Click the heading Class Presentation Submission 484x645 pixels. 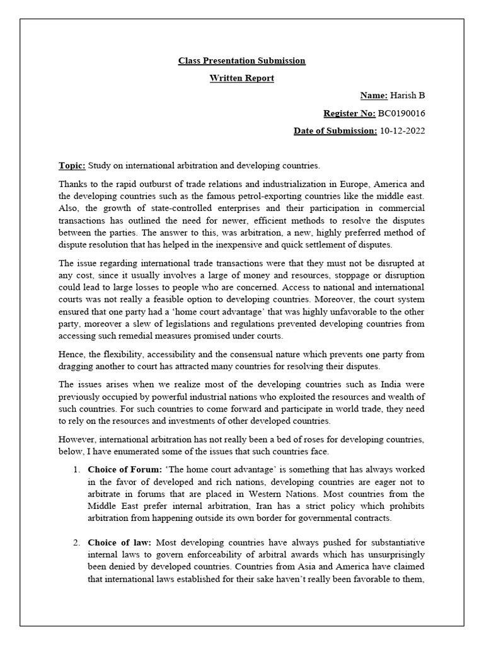(241, 60)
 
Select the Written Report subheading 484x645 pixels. (241, 78)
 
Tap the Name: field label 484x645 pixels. (374, 96)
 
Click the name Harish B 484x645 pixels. (408, 96)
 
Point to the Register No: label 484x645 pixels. (349, 113)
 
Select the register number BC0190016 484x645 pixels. (401, 113)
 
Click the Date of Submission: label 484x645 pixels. (335, 131)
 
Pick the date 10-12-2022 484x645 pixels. (402, 131)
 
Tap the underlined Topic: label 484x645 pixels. (72, 166)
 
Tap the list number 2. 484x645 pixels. (76, 542)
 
